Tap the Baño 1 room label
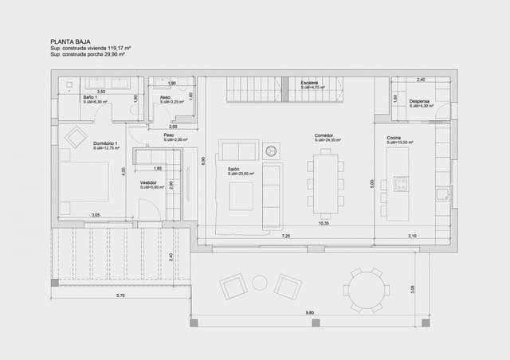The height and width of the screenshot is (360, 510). pos(89,98)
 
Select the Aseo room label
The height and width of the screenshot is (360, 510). pos(165,98)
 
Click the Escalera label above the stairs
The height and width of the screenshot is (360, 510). pos(309,83)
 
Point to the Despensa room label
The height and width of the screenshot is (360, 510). pos(420,101)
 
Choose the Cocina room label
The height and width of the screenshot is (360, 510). pos(394,137)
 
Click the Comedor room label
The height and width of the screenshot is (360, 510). pos(324,135)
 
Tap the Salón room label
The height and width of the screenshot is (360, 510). pos(233,169)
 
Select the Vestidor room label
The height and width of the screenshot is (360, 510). pos(148,182)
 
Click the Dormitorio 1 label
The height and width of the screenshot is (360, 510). pos(105,143)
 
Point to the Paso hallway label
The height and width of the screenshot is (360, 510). pos(169,135)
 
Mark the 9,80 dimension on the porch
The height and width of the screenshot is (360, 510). pos(310,313)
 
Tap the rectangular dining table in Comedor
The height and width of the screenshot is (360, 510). pos(325,183)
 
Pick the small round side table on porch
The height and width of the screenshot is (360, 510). pos(260,282)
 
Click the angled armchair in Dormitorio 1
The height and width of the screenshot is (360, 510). pos(76,137)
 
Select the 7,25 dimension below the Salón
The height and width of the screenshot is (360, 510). pos(285,236)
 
